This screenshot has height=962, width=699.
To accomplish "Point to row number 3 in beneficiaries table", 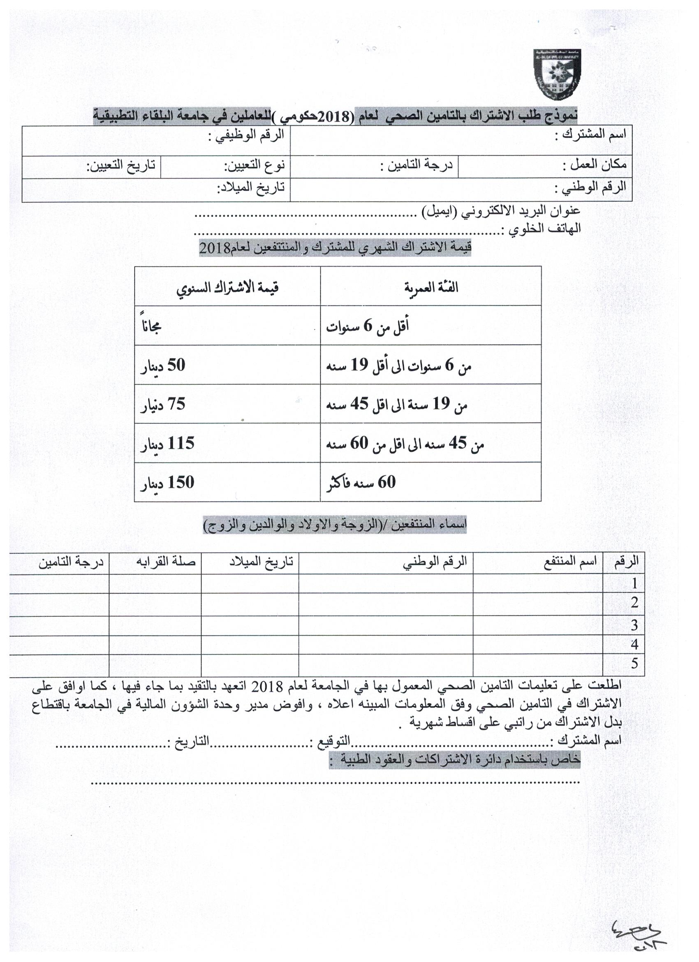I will click(634, 626).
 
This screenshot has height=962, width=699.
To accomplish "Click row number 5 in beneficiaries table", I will click(634, 664).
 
